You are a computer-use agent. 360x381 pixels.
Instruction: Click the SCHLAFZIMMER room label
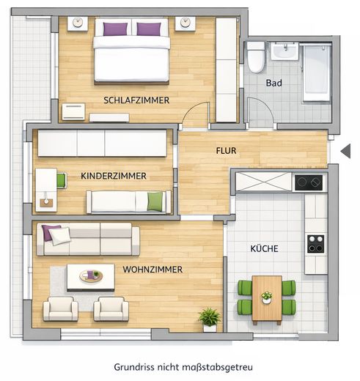click(136, 100)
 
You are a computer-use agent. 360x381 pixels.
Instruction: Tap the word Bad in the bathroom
click(274, 83)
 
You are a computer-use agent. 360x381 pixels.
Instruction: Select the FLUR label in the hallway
click(226, 150)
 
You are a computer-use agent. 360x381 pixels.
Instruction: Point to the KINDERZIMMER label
click(114, 176)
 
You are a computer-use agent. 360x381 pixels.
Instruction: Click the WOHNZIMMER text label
click(153, 269)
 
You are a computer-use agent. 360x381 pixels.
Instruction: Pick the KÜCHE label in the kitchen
click(263, 249)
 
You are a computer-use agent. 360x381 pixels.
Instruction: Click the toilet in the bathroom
click(256, 57)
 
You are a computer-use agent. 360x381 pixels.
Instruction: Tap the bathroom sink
click(284, 51)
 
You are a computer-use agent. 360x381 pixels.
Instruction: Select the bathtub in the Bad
click(317, 72)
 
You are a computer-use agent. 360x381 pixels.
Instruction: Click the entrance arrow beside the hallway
click(346, 151)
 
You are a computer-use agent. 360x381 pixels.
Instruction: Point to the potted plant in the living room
click(209, 317)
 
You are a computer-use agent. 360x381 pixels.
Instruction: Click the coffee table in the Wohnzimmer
click(91, 276)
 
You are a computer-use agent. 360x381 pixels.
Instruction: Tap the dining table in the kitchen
click(266, 299)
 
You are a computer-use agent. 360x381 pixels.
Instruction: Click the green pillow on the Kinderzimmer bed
click(154, 201)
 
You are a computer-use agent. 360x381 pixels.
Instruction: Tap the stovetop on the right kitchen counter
click(316, 243)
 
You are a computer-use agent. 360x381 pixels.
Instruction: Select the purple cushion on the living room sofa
click(51, 233)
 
